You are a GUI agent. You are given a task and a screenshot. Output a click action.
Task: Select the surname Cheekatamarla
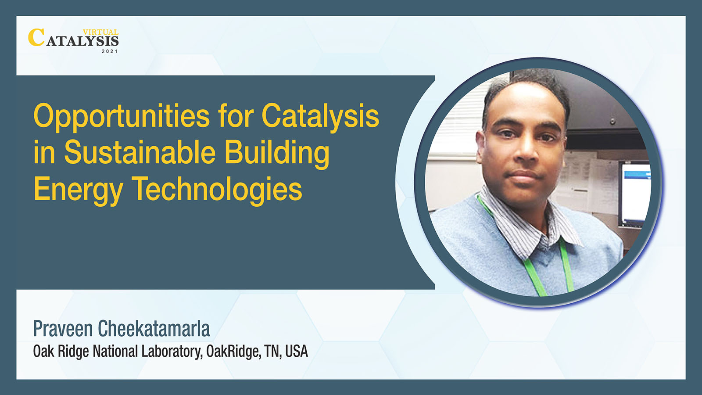[154, 329]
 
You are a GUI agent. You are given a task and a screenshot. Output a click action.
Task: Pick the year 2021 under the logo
[110, 51]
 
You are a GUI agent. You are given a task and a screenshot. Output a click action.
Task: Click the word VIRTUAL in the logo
[100, 32]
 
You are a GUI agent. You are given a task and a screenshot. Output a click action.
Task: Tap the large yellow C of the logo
[36, 37]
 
